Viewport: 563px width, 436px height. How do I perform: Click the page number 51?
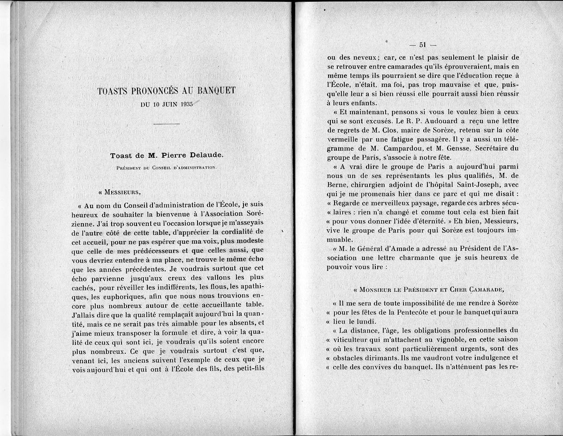[x=422, y=45]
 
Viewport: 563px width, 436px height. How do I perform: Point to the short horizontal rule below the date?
[x=166, y=124]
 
